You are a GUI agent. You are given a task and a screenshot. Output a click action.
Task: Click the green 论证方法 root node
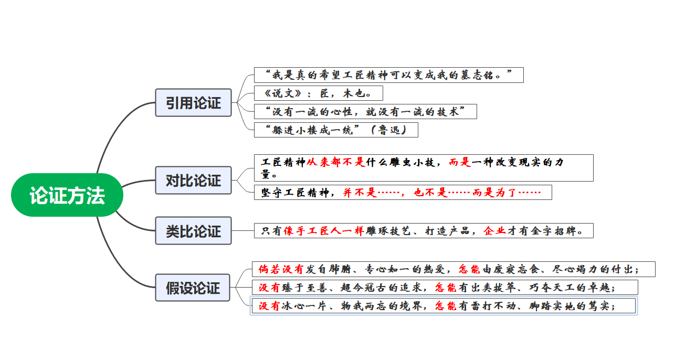[67, 195]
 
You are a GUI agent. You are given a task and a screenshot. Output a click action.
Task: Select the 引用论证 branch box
[193, 102]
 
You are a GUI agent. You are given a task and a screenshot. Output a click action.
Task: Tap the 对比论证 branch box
[193, 180]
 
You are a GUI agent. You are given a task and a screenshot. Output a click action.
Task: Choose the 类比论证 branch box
[193, 230]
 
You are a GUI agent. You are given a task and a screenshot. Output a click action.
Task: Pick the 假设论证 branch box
[193, 288]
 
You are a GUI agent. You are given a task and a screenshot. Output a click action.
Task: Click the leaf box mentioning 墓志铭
[388, 75]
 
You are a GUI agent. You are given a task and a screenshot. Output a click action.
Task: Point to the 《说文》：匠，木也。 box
[318, 93]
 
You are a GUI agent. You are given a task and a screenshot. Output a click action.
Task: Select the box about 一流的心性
[365, 111]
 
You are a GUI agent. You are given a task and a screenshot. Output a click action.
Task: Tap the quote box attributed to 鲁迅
[336, 130]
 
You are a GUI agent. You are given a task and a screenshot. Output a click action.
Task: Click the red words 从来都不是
[335, 162]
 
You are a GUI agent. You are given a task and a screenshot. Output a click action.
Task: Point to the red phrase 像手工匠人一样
[323, 230]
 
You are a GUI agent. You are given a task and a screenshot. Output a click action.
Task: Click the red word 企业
[494, 230]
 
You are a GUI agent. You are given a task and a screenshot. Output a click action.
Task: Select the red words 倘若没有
[281, 269]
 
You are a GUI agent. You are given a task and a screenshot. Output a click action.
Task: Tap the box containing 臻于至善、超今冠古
[445, 287]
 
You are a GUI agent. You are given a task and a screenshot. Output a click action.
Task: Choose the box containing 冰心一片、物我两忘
[444, 305]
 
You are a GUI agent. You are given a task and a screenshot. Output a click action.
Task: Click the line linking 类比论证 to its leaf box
[242, 230]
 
